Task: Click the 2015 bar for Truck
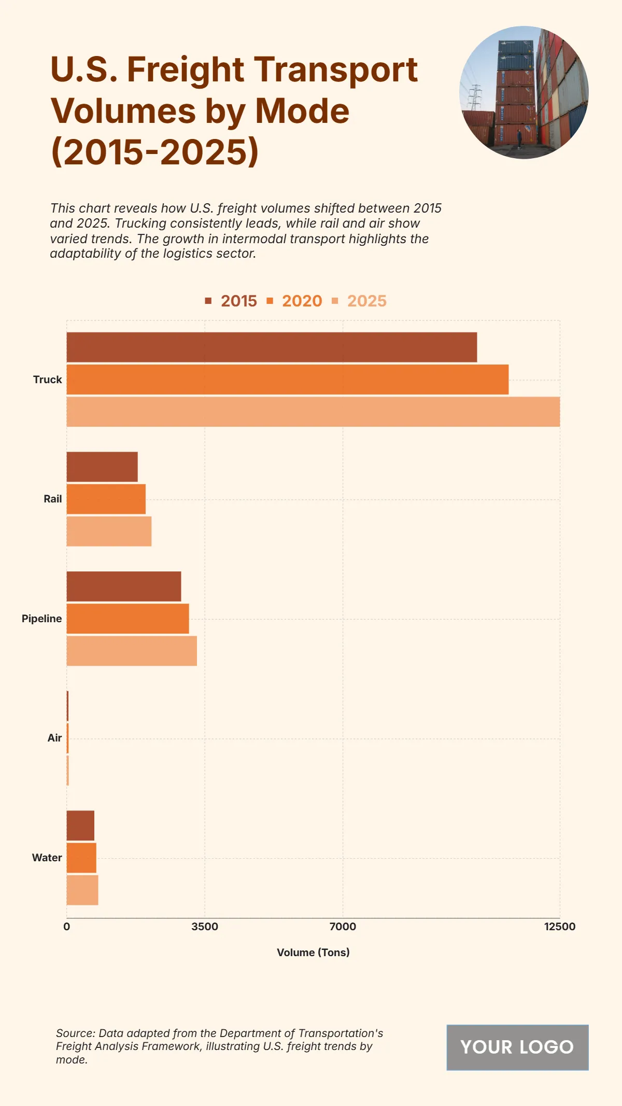pyautogui.click(x=272, y=347)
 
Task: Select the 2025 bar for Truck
pyautogui.click(x=313, y=412)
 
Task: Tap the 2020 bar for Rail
pyautogui.click(x=106, y=499)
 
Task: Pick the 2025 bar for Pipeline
pyautogui.click(x=132, y=651)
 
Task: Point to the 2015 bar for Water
pyautogui.click(x=80, y=825)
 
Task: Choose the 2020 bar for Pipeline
pyautogui.click(x=128, y=619)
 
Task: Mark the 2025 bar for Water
pyautogui.click(x=82, y=890)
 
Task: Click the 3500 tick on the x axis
pyautogui.click(x=205, y=927)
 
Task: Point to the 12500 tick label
pyautogui.click(x=559, y=927)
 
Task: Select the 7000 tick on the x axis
pyautogui.click(x=343, y=927)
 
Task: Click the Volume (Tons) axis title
pyautogui.click(x=313, y=953)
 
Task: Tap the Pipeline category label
pyautogui.click(x=41, y=619)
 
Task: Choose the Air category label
pyautogui.click(x=54, y=738)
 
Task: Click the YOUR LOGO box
pyautogui.click(x=517, y=1047)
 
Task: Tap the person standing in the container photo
pyautogui.click(x=519, y=138)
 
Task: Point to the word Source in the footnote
pyautogui.click(x=75, y=1033)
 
